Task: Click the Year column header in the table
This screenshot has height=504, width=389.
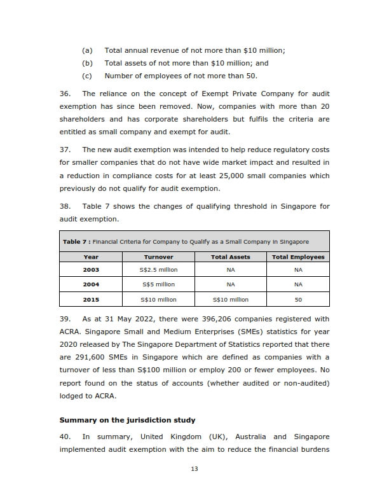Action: point(91,257)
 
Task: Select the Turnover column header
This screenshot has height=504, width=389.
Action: point(158,257)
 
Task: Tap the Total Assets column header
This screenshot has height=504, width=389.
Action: point(231,257)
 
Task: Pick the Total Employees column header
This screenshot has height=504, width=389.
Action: point(298,257)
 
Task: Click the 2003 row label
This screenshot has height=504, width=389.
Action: point(91,270)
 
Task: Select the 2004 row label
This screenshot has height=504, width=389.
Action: point(91,284)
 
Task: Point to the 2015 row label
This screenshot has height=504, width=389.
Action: point(91,299)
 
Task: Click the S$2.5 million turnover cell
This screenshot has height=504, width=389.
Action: point(158,270)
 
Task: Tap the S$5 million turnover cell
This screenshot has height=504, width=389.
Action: point(158,284)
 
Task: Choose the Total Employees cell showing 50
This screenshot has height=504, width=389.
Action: point(298,299)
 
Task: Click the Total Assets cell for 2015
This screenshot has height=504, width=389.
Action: point(231,299)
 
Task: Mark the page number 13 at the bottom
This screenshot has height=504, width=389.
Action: point(194,469)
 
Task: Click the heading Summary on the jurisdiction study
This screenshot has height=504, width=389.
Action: point(127,420)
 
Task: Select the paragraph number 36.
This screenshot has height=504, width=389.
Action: point(65,94)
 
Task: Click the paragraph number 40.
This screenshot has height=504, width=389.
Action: point(65,437)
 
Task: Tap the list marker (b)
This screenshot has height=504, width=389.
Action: point(88,63)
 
